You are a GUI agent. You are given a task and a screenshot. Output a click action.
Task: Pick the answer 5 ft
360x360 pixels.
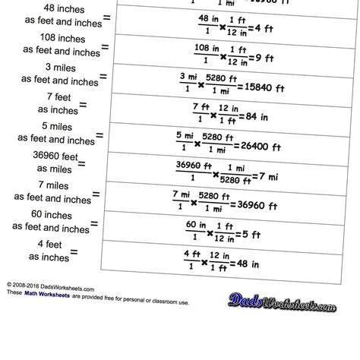coord(253,229)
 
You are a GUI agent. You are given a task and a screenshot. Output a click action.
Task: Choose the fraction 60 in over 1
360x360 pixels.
coord(190,229)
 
